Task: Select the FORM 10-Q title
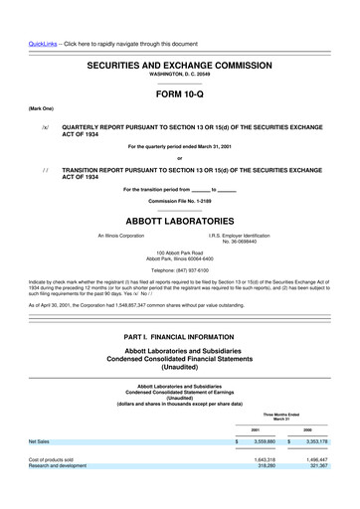tap(180, 96)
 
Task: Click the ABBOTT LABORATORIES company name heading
tap(180, 221)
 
